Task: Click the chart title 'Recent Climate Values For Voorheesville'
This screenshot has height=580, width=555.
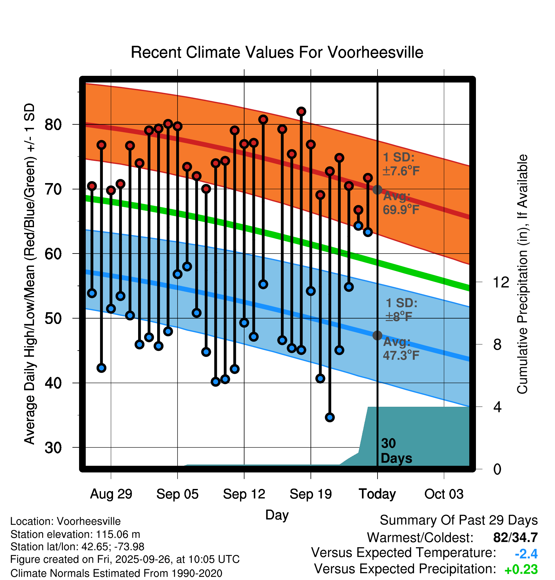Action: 277,52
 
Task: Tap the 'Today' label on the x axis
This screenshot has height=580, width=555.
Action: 377,494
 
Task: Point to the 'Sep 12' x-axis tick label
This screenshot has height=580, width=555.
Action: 244,494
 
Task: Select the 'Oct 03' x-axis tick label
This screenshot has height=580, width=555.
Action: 444,494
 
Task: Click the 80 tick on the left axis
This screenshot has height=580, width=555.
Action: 53,125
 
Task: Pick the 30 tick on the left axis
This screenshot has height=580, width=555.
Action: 53,448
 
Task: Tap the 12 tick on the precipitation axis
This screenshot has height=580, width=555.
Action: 501,282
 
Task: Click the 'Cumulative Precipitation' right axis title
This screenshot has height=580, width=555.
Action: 522,274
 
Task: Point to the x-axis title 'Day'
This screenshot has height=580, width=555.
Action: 277,515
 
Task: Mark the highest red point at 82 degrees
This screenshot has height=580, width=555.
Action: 301,111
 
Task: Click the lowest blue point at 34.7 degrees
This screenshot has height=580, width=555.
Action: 330,417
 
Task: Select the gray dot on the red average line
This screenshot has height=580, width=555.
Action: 377,190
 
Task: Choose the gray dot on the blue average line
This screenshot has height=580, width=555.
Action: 377,335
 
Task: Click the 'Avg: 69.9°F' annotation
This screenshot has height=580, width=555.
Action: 401,203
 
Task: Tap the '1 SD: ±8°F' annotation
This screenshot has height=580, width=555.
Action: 401,310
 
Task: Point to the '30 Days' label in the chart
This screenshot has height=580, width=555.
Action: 396,451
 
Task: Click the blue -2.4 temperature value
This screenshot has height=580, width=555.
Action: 526,554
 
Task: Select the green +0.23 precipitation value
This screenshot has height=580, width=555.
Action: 521,570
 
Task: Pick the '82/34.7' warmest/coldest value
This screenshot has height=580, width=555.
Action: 515,538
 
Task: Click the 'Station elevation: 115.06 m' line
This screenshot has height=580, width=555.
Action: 75,534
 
